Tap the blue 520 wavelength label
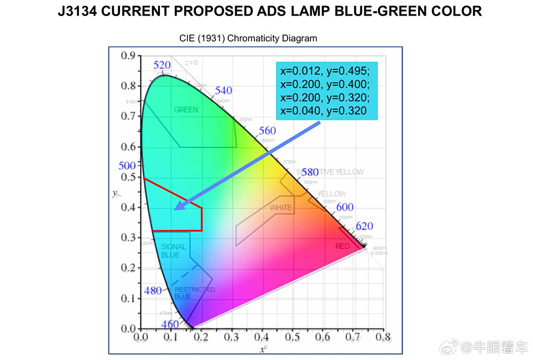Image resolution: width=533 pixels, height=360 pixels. (x=162, y=65)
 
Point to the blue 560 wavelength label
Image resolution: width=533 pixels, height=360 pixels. (x=267, y=131)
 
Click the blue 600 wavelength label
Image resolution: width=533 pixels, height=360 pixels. (x=345, y=207)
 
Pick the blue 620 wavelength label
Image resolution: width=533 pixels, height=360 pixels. (x=364, y=226)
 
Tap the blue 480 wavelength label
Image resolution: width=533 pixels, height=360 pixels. (x=153, y=291)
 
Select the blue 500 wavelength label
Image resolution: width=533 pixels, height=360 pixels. (x=127, y=166)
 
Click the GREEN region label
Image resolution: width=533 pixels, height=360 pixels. (x=186, y=109)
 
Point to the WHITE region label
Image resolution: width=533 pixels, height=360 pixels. (x=281, y=208)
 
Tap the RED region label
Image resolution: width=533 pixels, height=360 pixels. (x=343, y=246)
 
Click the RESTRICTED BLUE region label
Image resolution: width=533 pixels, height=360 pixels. (x=194, y=293)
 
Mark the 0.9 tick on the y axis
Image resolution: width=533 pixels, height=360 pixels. (x=129, y=55)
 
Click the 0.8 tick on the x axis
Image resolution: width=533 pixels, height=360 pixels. (x=383, y=337)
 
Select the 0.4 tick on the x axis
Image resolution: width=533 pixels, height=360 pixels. (x=262, y=337)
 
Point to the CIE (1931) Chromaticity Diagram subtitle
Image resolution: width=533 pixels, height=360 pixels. (x=248, y=38)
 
